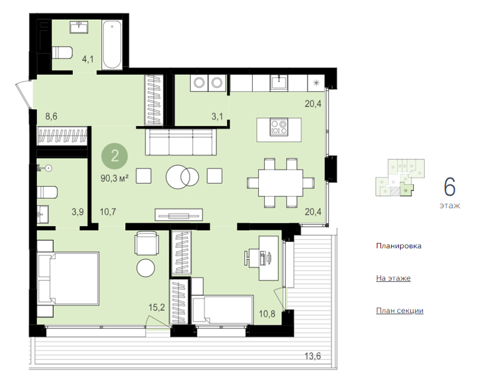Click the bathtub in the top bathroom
(112, 45)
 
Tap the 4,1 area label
(88, 59)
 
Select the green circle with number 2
(114, 156)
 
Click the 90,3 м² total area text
(114, 178)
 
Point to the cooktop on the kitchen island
(279, 127)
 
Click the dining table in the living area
(280, 183)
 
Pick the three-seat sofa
(181, 142)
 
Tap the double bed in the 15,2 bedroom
(68, 279)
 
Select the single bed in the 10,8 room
(222, 309)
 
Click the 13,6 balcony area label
(312, 356)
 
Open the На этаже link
(393, 278)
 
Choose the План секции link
(399, 310)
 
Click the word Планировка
(398, 246)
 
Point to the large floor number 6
(450, 187)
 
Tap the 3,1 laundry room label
(217, 116)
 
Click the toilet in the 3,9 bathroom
(47, 192)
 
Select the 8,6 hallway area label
(51, 116)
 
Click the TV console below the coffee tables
(178, 215)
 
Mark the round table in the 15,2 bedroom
(146, 268)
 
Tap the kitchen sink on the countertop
(279, 82)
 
